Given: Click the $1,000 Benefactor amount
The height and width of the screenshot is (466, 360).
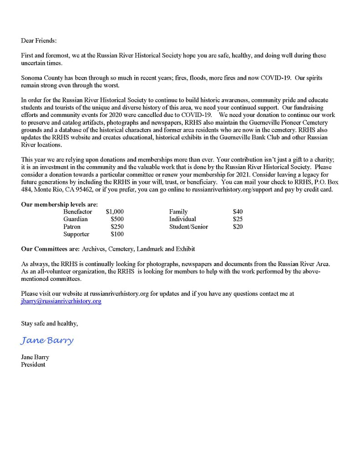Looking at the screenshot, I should (115, 212).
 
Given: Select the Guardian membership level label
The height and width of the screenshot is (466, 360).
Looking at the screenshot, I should (76, 219).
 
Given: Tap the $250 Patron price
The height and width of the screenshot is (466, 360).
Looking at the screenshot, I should (117, 227).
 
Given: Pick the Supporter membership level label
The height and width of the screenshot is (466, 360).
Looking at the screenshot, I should (76, 234).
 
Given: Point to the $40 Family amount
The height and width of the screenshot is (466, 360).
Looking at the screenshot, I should (238, 212).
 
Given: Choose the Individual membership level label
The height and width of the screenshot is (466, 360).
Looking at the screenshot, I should (183, 219).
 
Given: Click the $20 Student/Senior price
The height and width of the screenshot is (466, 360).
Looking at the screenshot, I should (238, 227).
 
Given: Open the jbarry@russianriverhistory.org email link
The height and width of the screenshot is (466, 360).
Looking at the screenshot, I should (61, 301).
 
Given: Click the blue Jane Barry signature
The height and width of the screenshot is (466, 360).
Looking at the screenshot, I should (47, 340).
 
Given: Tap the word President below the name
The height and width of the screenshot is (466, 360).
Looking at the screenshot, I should (33, 365).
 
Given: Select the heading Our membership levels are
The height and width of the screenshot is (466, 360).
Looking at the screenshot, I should (59, 204).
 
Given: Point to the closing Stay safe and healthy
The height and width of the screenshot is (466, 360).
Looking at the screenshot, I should (49, 324).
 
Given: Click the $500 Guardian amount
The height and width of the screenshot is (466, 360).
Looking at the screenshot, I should (117, 219).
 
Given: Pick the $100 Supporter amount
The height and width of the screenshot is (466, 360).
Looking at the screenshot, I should (117, 234).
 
